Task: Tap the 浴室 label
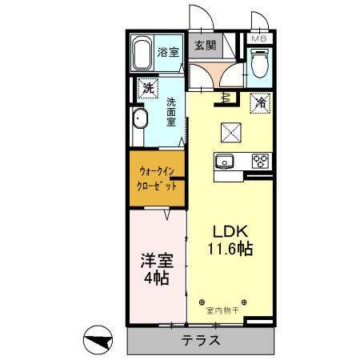coord(167,53)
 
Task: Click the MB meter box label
coord(260,38)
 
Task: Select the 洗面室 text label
coord(172,114)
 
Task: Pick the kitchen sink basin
coord(225,160)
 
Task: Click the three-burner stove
coord(260,160)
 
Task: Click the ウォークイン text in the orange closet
coord(157,170)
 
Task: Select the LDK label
coord(228,229)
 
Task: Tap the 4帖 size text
coord(156,278)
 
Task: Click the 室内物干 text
coord(222,310)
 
